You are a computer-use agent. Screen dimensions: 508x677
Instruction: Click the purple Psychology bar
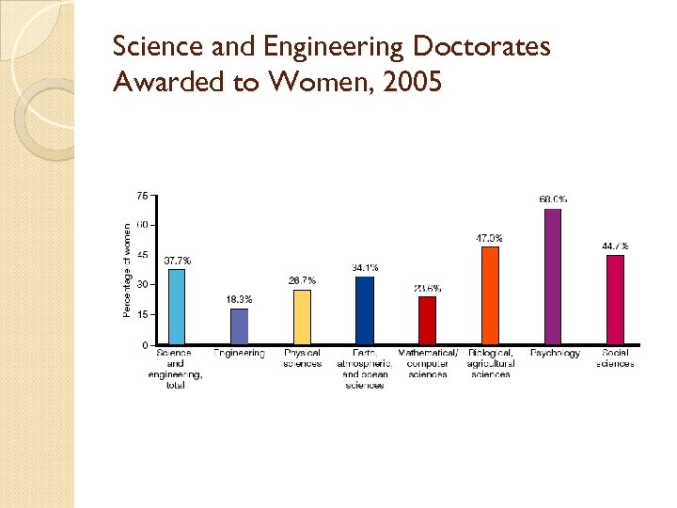(553, 277)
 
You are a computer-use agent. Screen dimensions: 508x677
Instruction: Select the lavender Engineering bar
(239, 326)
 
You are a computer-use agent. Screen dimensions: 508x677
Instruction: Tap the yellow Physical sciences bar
(302, 317)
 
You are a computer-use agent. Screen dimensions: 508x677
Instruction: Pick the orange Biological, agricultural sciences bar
(490, 295)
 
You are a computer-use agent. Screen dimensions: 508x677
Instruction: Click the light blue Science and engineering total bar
(177, 307)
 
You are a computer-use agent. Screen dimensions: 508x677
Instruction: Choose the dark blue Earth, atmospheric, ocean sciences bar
(365, 310)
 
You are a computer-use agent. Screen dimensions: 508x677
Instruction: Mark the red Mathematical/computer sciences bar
(427, 321)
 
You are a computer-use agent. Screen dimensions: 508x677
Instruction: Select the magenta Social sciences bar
(615, 300)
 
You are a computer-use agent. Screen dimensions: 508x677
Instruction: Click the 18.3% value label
(239, 299)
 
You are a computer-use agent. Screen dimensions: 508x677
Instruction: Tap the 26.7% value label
(302, 280)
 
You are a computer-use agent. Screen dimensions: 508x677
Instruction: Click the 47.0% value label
(489, 238)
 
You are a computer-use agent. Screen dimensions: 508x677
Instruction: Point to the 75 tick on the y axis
(142, 196)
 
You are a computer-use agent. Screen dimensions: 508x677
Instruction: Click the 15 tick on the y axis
(142, 315)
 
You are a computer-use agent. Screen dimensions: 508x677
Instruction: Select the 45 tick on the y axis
(142, 255)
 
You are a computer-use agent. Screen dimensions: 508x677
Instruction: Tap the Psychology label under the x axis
(555, 354)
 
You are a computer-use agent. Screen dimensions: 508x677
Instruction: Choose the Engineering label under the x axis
(239, 354)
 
